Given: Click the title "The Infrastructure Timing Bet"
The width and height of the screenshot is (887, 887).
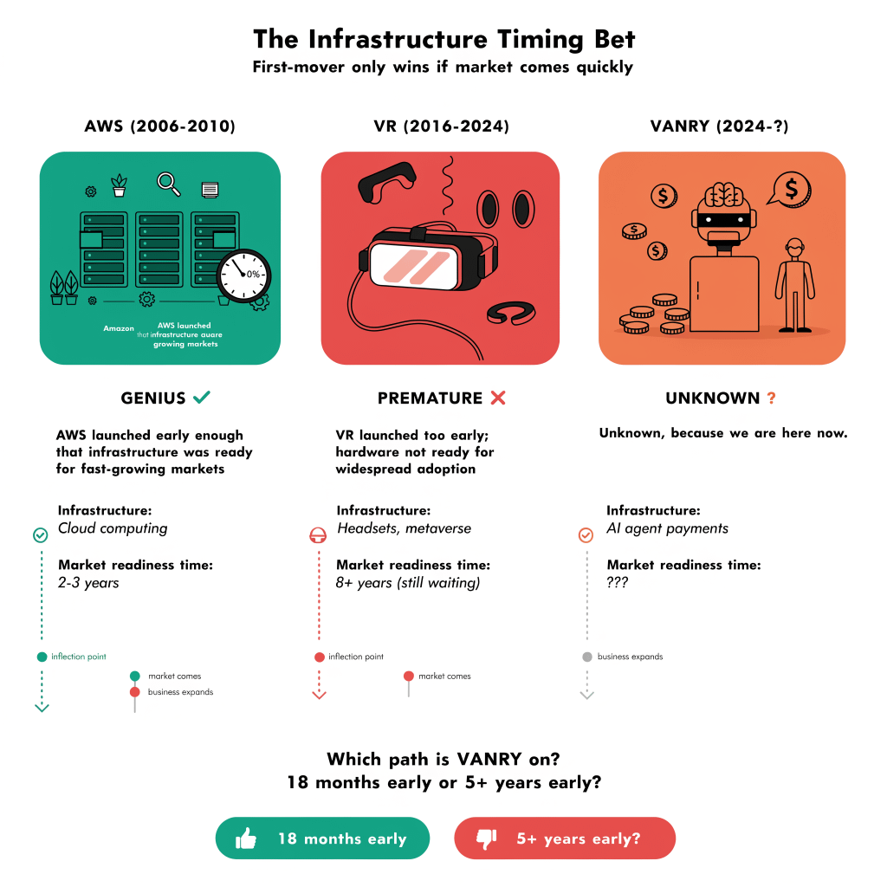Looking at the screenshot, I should (443, 39).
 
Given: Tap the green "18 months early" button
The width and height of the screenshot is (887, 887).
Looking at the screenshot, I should (322, 838).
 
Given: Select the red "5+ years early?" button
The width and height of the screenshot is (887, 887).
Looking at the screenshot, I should (564, 838).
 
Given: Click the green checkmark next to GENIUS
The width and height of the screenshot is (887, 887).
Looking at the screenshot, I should (202, 398).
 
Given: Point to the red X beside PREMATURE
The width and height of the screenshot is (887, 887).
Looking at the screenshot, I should (497, 398).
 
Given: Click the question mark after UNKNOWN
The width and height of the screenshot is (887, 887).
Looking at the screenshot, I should (771, 398).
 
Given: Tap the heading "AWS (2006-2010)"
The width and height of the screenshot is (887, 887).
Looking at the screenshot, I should (159, 126).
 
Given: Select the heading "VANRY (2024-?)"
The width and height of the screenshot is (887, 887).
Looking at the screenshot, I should (719, 126).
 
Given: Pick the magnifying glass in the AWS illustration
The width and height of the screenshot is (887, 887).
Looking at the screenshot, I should (168, 183).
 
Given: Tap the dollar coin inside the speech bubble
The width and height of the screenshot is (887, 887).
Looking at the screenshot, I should (791, 187).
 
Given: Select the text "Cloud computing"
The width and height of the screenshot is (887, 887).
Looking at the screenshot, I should (113, 528).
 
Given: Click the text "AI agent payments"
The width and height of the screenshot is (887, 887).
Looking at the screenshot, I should (667, 528).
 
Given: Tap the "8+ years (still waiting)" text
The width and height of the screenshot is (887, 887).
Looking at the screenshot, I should (408, 582).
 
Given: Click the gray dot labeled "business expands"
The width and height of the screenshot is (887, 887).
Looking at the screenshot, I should (587, 657).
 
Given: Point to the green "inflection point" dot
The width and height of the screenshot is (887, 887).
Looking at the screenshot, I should (42, 657).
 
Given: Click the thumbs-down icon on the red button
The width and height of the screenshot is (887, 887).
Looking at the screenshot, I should (486, 838).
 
